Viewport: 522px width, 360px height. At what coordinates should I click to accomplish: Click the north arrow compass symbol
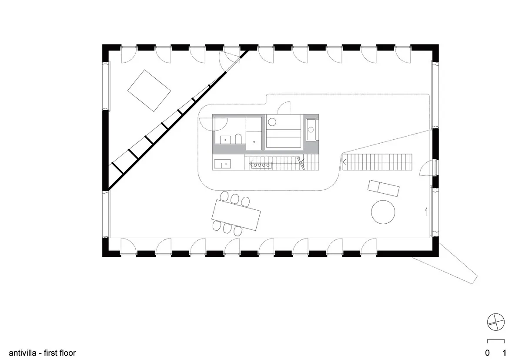pyautogui.click(x=495, y=322)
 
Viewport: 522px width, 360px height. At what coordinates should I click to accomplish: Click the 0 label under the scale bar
pyautogui.click(x=487, y=353)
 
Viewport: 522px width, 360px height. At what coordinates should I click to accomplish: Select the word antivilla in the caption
pyautogui.click(x=22, y=353)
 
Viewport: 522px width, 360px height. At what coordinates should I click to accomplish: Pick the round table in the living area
pyautogui.click(x=383, y=212)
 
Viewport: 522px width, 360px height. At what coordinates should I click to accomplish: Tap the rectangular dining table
pyautogui.click(x=236, y=215)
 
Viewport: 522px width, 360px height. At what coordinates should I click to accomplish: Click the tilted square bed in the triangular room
pyautogui.click(x=149, y=91)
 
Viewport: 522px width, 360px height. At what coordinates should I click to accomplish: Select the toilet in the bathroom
pyautogui.click(x=238, y=138)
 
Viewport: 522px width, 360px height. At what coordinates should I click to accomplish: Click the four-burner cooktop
pyautogui.click(x=261, y=165)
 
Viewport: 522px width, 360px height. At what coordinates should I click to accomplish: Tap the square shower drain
pyautogui.click(x=254, y=142)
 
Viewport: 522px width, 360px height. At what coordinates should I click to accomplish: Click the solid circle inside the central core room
pyautogui.click(x=272, y=122)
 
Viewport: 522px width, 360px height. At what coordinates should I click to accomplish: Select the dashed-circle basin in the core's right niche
pyautogui.click(x=311, y=129)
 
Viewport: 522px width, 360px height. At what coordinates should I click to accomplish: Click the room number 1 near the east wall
pyautogui.click(x=426, y=212)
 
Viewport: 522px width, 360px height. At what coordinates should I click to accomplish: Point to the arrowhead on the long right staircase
pyautogui.click(x=345, y=161)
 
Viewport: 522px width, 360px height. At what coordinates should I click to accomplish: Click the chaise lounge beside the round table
pyautogui.click(x=383, y=188)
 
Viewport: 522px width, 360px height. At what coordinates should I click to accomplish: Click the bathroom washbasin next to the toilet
pyautogui.click(x=225, y=140)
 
